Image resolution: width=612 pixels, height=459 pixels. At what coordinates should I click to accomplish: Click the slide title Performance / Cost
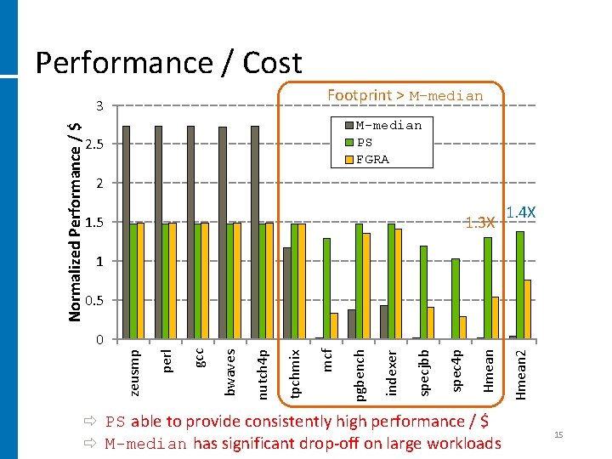tap(167, 62)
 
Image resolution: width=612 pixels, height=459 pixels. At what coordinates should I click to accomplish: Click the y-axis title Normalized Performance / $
tap(75, 219)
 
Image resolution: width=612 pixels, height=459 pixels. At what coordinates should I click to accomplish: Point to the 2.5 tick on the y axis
tap(94, 144)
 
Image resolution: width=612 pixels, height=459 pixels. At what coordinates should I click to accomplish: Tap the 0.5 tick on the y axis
tap(94, 301)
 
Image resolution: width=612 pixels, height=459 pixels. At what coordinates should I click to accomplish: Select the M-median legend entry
tap(388, 125)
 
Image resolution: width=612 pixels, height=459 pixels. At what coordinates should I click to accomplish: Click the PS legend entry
tap(365, 142)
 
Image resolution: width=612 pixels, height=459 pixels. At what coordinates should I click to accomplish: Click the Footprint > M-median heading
tap(405, 96)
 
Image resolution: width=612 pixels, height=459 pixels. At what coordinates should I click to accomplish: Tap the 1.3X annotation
tap(480, 223)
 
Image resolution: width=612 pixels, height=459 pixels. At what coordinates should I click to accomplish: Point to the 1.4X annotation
tap(520, 212)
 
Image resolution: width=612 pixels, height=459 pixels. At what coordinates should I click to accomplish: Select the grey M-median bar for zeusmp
tap(126, 232)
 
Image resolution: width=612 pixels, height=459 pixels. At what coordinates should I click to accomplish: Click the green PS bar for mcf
tap(326, 288)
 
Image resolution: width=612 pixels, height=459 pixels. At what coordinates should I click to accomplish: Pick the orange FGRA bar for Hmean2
tap(528, 309)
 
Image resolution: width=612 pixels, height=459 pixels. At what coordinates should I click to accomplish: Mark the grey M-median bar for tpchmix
tap(287, 293)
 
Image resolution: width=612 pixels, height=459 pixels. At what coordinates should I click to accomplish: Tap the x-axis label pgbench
tap(360, 371)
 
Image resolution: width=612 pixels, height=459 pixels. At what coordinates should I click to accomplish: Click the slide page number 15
tap(558, 435)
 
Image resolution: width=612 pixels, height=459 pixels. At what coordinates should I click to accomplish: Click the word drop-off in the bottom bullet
tap(328, 443)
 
